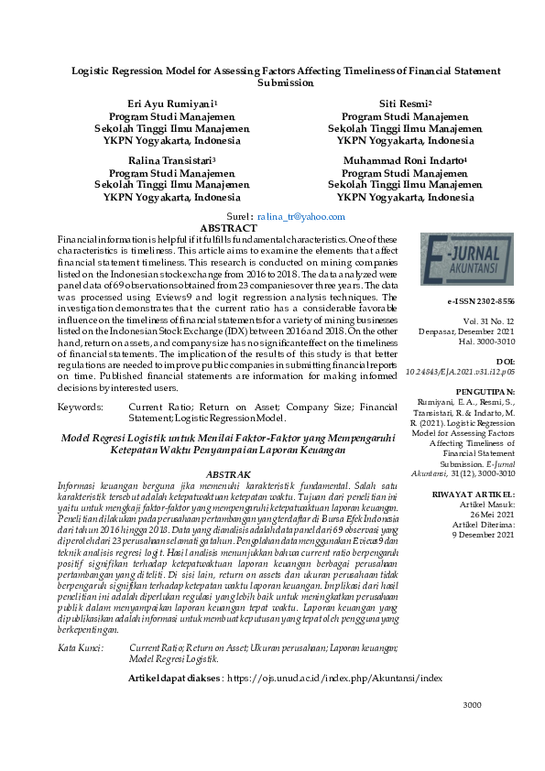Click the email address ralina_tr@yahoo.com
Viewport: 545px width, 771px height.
click(301, 217)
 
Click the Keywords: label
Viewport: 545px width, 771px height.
click(80, 406)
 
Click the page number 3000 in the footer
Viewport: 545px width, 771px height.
click(472, 731)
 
